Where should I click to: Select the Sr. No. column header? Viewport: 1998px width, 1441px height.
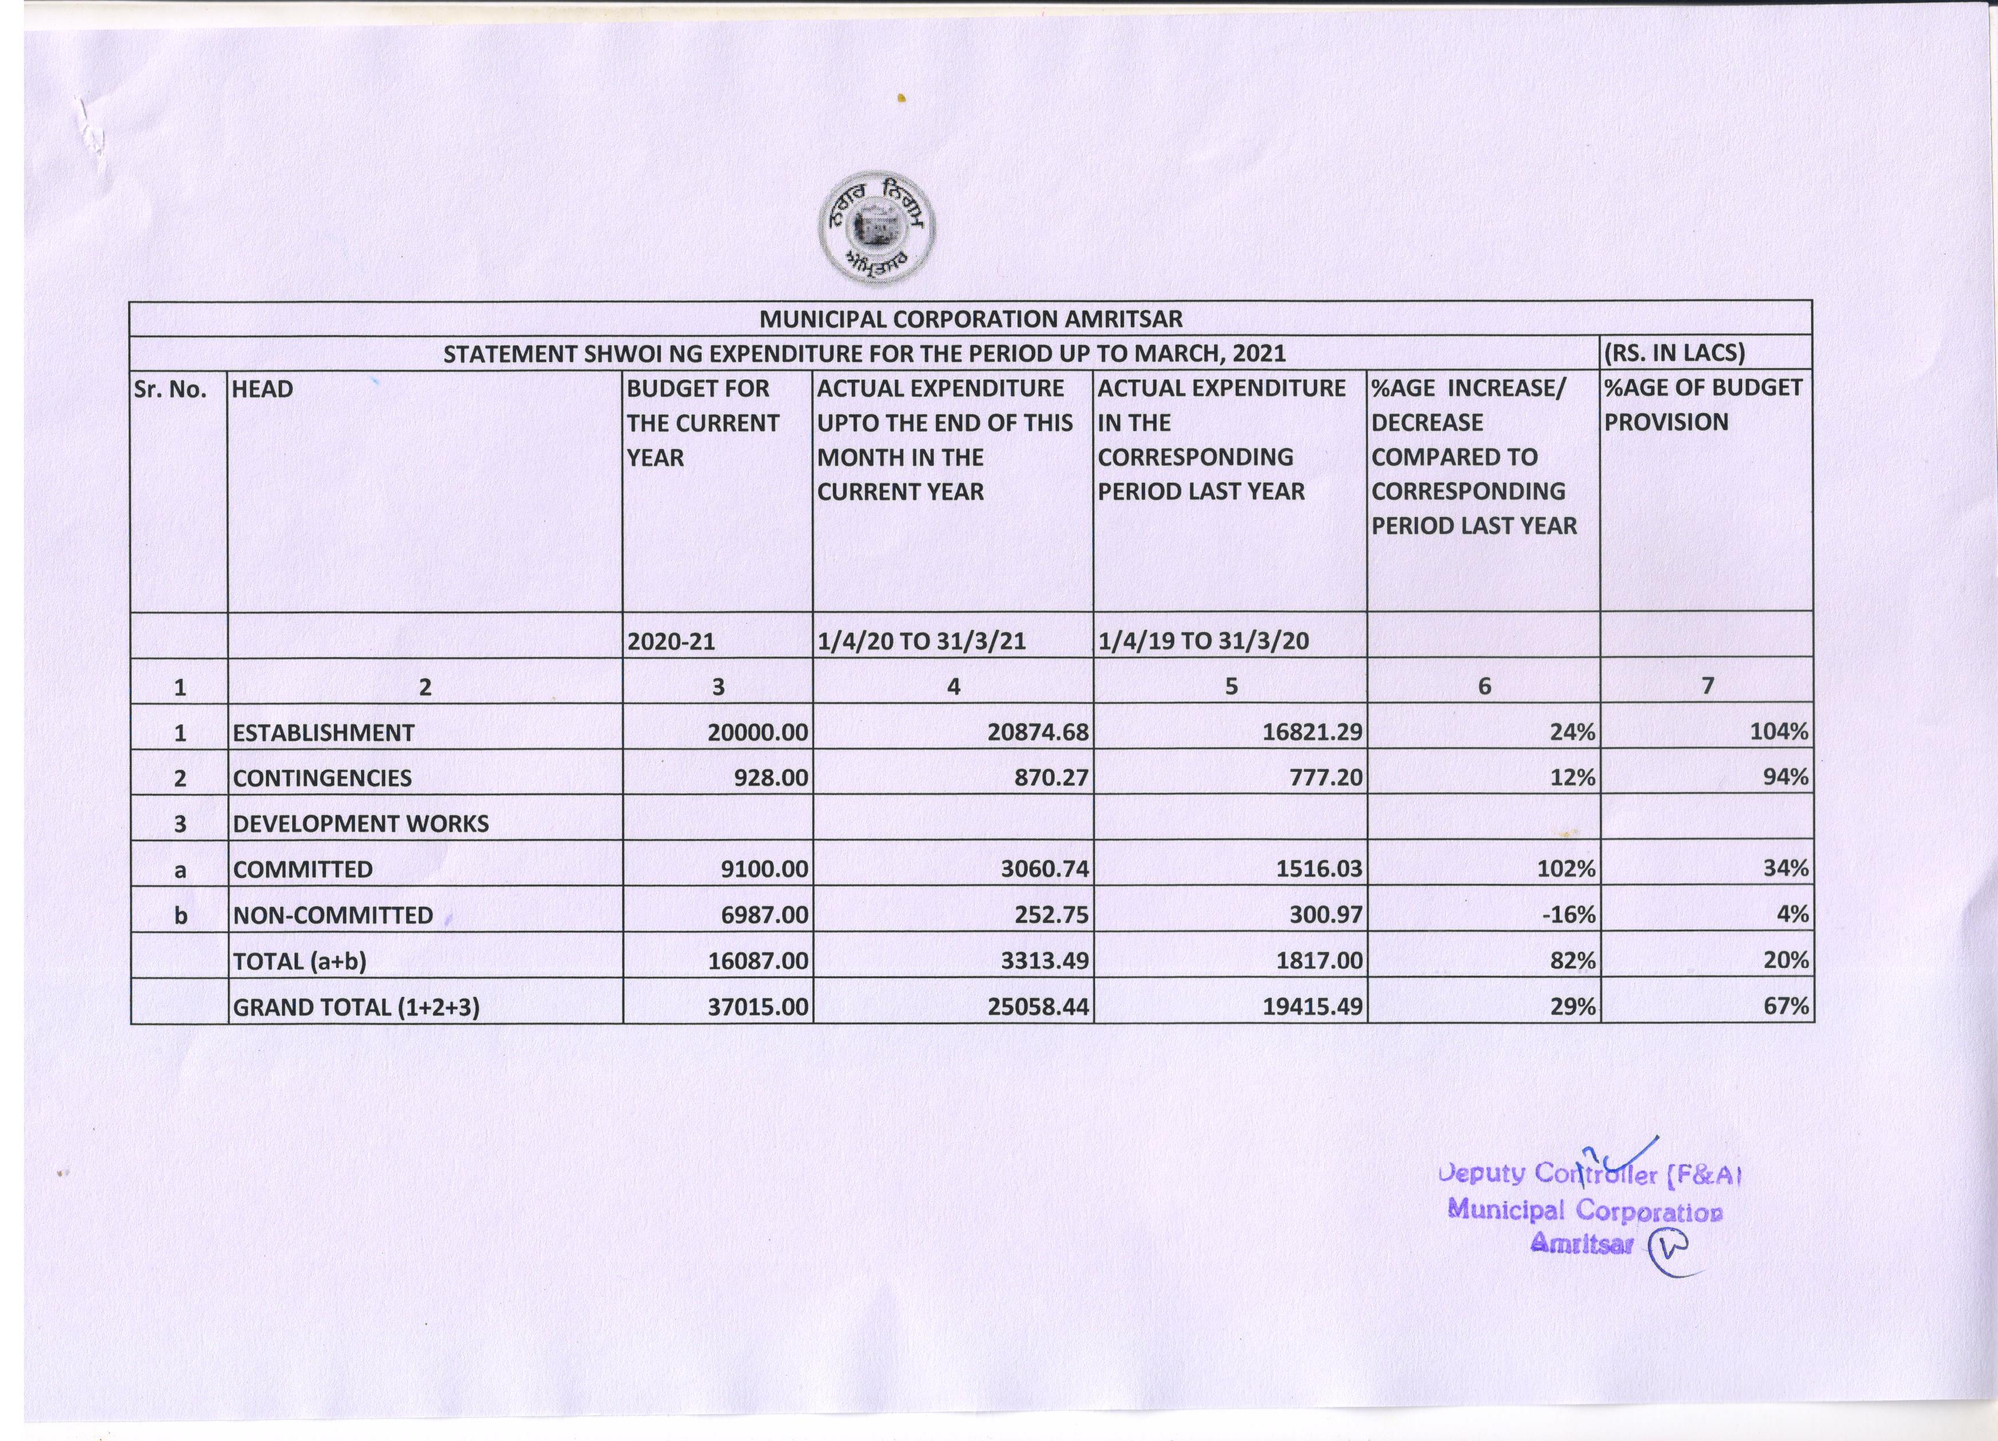[x=171, y=389]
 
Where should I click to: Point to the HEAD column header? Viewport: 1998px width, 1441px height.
[x=263, y=389]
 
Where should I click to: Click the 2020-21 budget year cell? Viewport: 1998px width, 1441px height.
[x=671, y=641]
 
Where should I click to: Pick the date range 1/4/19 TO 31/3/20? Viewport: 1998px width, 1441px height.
[x=1203, y=641]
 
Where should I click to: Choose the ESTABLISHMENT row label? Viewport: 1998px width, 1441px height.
[x=323, y=732]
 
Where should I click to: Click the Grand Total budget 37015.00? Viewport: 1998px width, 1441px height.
[x=758, y=1007]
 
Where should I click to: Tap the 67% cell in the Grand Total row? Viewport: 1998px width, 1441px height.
[x=1785, y=1007]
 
